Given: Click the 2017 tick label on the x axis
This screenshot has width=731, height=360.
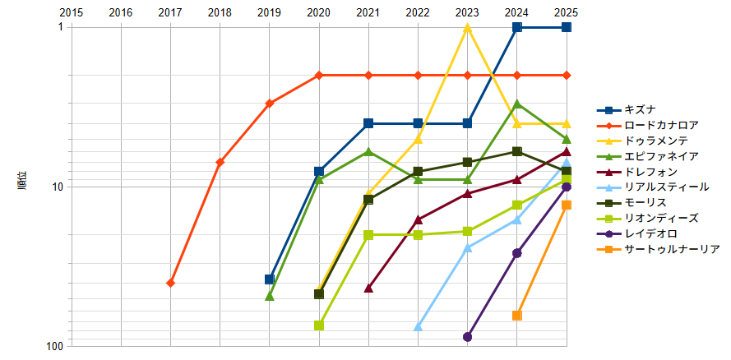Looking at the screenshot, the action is pos(170,12).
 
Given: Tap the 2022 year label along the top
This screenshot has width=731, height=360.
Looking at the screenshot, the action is pos(418,12).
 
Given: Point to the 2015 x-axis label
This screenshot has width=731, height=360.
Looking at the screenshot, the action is pos(72,12).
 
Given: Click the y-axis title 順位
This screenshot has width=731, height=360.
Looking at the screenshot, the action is pos(22,180).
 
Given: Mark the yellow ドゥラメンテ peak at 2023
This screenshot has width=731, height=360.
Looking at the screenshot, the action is pos(467,28).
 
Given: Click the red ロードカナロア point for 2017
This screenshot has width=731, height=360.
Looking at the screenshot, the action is pos(170,283).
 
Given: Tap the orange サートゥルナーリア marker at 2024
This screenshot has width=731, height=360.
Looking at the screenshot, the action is pos(516,316).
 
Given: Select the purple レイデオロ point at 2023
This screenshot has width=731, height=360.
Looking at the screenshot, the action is pos(467,337).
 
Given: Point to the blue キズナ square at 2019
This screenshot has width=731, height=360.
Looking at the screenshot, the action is pos(269,279).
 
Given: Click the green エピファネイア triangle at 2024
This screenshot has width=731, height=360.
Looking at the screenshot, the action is pos(516,104).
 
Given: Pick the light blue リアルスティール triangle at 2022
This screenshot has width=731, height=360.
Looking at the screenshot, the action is pos(418,326).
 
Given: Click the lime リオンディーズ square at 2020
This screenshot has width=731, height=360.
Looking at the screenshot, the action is pos(319,325).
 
